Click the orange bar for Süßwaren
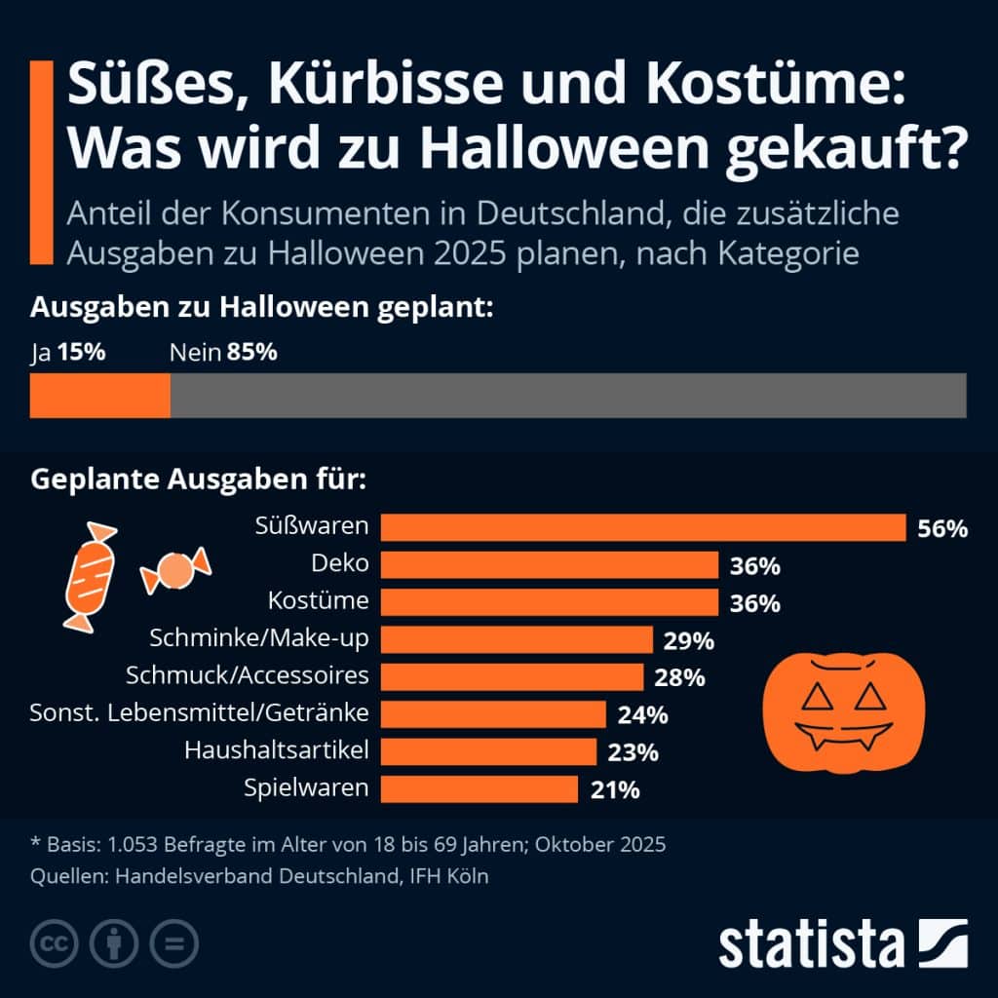(x=643, y=527)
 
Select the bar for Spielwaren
(x=479, y=788)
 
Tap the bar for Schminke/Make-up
(x=517, y=639)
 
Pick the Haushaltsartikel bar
(x=488, y=751)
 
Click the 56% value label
(x=942, y=529)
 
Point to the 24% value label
(x=642, y=715)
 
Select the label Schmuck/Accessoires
(x=248, y=675)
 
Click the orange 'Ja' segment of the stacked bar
(x=100, y=396)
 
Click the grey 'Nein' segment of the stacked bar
(x=568, y=396)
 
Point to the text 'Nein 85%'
(x=223, y=352)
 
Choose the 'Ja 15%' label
(x=68, y=352)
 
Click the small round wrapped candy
(x=175, y=570)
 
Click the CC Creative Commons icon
(x=56, y=942)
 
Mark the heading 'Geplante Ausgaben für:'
(x=199, y=480)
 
